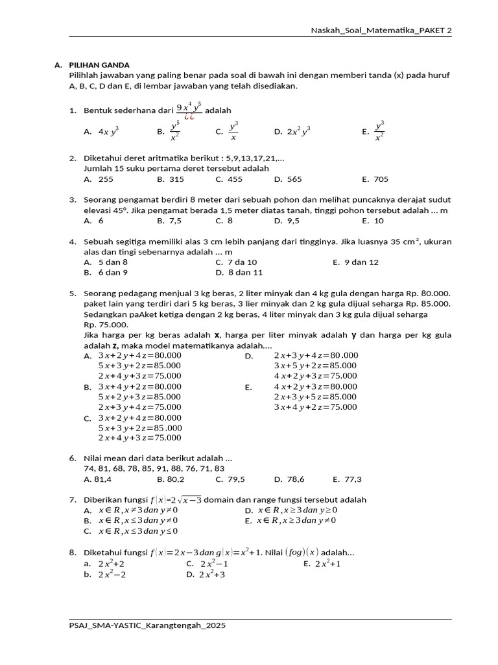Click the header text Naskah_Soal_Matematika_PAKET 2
point(381,30)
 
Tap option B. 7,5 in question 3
point(169,220)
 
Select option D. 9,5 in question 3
point(287,220)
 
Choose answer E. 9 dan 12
point(355,262)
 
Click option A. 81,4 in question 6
point(98,479)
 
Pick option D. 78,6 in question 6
point(289,479)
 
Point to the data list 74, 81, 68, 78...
point(154,468)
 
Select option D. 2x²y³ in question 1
point(292,131)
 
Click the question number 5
point(73,293)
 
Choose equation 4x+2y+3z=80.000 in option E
point(315,386)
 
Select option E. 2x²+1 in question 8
point(323,564)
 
